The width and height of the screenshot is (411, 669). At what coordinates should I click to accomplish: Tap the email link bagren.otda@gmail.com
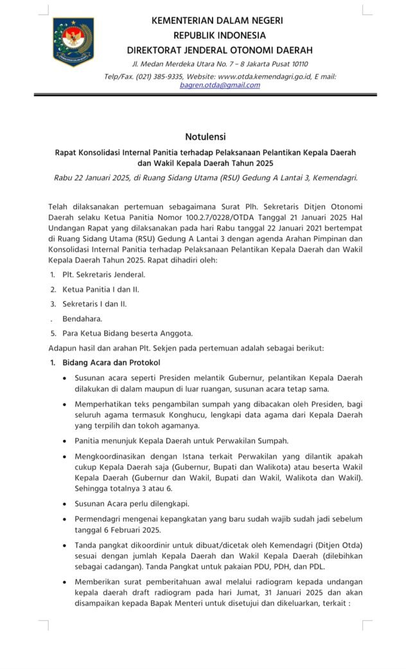point(220,85)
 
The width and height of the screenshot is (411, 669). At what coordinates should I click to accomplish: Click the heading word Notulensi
point(205,136)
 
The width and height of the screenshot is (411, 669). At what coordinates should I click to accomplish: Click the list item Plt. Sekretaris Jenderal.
point(100,275)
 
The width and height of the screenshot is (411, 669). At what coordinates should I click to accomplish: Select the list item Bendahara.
point(82,318)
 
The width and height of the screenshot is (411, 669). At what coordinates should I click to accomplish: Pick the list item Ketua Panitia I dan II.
point(101,289)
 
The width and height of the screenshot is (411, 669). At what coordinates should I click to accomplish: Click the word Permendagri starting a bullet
point(100,518)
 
